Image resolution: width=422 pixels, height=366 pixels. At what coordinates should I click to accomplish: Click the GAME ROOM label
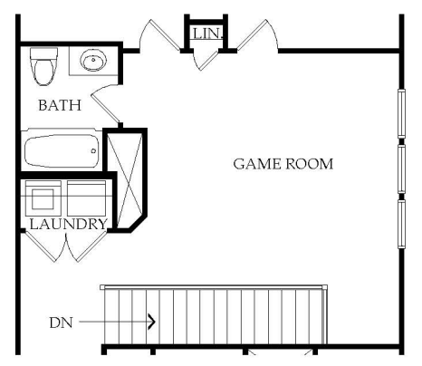[x=283, y=164]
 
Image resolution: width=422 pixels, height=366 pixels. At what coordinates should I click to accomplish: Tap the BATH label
[x=60, y=105]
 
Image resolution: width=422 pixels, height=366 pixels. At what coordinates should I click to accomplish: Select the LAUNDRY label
[x=69, y=224]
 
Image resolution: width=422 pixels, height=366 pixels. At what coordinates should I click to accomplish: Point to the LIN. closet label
[x=207, y=34]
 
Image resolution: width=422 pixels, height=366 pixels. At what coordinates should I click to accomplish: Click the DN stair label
[x=61, y=323]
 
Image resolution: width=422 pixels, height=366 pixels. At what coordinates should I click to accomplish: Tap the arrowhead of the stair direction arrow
[x=152, y=321]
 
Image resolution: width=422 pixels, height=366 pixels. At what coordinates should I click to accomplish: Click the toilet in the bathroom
[x=44, y=66]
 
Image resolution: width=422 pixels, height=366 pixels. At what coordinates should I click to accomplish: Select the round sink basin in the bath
[x=93, y=60]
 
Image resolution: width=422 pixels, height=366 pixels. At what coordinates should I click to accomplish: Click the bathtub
[x=62, y=151]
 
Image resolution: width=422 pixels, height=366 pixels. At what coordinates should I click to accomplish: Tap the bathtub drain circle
[x=93, y=150]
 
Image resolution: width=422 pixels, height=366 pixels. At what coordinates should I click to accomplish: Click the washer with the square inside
[x=43, y=198]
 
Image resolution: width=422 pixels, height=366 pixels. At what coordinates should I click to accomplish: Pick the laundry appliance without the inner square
[x=86, y=198]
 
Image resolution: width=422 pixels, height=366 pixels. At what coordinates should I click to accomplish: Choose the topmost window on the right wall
[x=401, y=113]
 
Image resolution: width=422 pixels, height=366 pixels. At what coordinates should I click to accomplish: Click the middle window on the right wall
[x=401, y=169]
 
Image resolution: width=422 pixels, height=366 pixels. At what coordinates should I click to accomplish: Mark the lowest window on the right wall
[x=401, y=224]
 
